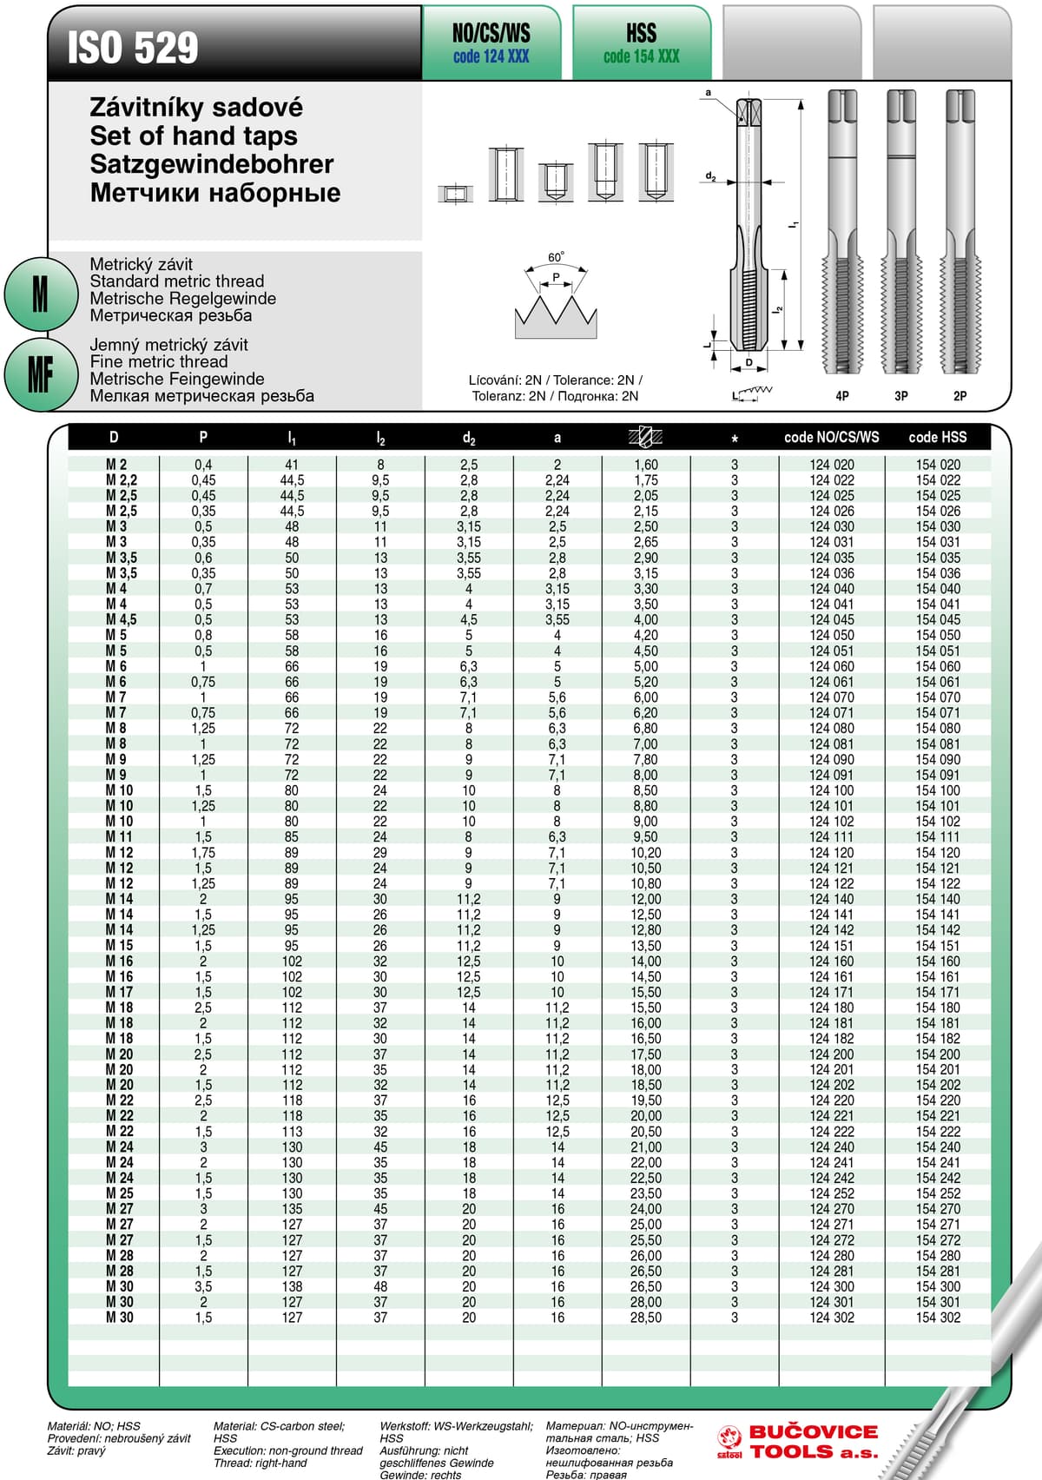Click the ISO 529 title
pos(133,48)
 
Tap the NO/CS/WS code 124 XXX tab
pos(491,43)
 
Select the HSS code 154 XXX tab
pos(641,43)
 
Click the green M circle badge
pos(40,294)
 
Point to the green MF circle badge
pos(40,375)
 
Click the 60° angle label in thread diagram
pos(556,257)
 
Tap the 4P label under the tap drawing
pos(841,396)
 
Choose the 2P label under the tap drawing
pos(960,396)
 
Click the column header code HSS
pos(937,437)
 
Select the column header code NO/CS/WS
pos(831,437)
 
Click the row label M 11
pos(119,836)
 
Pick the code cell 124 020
pos(831,465)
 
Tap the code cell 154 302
pos(938,1318)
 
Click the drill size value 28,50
pos(645,1318)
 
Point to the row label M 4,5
pos(121,619)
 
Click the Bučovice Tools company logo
pos(797,1442)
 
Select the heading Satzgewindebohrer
pos(212,164)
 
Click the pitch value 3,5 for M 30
pos(203,1286)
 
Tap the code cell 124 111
pos(831,836)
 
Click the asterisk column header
pos(735,438)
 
